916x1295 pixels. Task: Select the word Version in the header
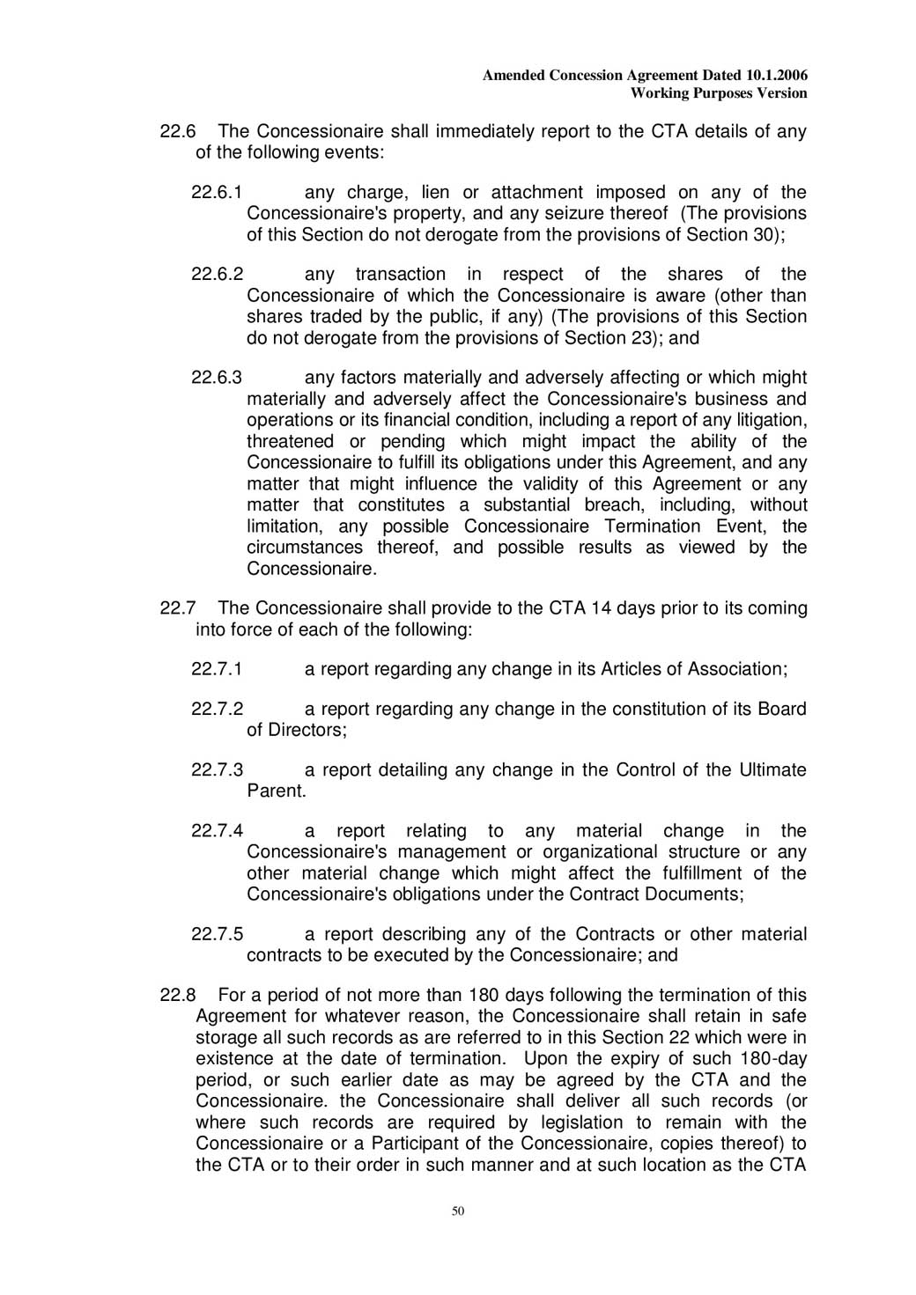[x=782, y=92]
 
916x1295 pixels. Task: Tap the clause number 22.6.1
[x=217, y=193]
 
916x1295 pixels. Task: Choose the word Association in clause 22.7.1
[x=733, y=670]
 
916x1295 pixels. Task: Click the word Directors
[x=307, y=731]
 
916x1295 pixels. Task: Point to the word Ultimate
[x=772, y=770]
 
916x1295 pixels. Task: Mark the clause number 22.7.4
[x=217, y=832]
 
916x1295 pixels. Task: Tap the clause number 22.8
[x=177, y=996]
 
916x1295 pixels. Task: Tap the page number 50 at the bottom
[x=458, y=1212]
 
